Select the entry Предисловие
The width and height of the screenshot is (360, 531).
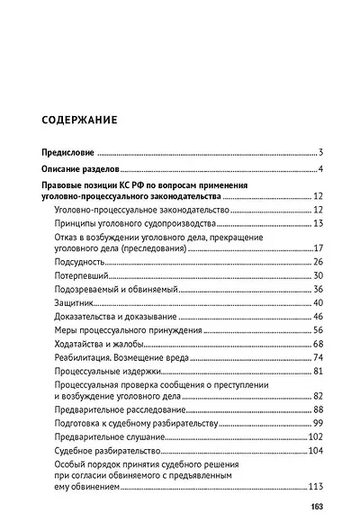click(69, 153)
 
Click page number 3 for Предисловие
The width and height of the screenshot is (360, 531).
click(319, 153)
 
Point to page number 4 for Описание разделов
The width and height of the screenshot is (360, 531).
click(319, 170)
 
